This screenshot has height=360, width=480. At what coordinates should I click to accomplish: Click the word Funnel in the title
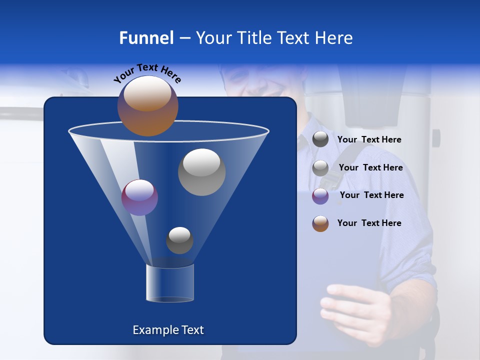(146, 38)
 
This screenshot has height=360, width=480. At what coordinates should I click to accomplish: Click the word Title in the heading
(254, 38)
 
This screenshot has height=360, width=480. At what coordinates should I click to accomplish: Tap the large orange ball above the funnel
(147, 105)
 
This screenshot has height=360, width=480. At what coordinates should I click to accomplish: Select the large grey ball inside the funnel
(201, 171)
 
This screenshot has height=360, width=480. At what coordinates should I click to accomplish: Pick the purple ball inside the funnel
(139, 197)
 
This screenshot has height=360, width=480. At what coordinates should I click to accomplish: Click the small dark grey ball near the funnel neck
(179, 240)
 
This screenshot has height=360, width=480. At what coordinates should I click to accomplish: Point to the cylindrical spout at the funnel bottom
(169, 283)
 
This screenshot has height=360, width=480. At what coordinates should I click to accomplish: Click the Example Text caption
(168, 330)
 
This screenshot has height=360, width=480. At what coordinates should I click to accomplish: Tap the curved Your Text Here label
(147, 73)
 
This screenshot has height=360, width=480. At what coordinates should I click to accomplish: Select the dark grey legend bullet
(320, 139)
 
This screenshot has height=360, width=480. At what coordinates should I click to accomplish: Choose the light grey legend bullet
(320, 168)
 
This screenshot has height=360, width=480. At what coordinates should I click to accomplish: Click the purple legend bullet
(320, 196)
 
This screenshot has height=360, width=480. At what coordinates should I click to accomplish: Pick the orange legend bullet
(320, 223)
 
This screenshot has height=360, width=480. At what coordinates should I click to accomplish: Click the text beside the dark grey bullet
(369, 140)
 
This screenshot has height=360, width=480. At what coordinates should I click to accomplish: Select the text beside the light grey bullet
(370, 168)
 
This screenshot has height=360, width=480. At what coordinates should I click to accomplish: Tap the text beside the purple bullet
(371, 195)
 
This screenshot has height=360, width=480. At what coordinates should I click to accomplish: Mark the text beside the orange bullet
(369, 223)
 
